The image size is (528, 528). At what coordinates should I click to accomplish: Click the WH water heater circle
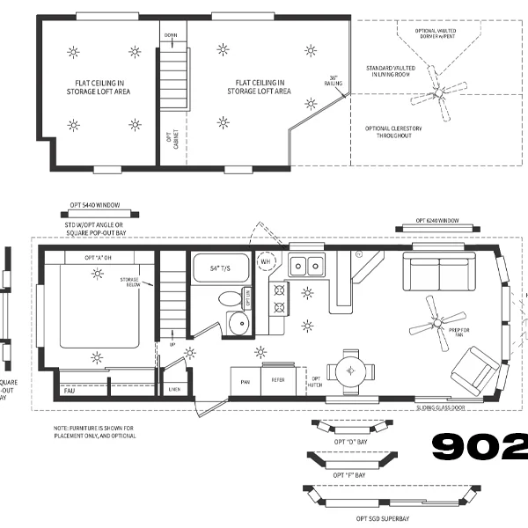click(265, 261)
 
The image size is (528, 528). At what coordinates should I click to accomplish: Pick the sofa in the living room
click(441, 272)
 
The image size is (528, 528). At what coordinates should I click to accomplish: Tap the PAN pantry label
click(246, 380)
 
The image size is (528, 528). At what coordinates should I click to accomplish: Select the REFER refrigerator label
click(278, 380)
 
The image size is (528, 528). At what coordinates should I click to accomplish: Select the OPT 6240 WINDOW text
click(437, 219)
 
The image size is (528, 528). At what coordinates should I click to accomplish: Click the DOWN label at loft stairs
click(172, 36)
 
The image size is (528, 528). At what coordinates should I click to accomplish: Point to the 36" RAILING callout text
click(335, 81)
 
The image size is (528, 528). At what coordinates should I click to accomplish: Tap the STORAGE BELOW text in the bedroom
click(129, 281)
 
